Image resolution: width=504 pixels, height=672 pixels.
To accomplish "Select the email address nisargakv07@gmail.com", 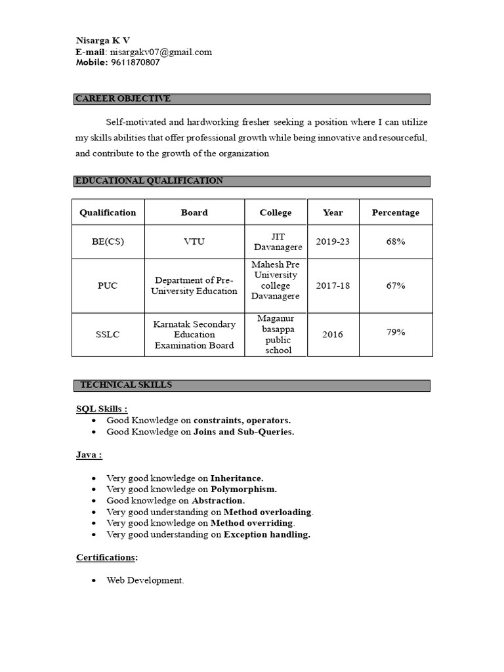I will (x=161, y=52).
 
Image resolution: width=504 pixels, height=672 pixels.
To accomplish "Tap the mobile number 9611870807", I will (x=135, y=63).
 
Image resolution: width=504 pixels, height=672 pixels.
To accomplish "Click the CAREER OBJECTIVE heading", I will (x=123, y=99).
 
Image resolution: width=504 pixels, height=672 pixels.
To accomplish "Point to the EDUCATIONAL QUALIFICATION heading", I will (x=150, y=181).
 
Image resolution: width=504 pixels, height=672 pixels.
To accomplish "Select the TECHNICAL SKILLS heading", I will (x=126, y=385).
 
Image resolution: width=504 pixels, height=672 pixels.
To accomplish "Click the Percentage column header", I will (x=395, y=213).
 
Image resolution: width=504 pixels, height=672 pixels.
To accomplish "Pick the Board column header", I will (x=194, y=213).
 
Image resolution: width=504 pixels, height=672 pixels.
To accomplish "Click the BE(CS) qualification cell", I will (x=108, y=241).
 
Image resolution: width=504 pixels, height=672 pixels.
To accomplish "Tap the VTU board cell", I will (x=194, y=241).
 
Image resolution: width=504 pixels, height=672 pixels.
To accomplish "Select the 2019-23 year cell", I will (x=333, y=241).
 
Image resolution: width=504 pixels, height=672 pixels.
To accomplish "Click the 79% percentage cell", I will (x=395, y=332).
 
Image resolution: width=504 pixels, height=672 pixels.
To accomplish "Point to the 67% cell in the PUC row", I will (x=395, y=285).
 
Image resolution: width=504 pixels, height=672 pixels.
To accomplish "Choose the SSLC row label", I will (x=108, y=334).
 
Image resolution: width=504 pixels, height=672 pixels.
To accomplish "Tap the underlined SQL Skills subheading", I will (x=102, y=409).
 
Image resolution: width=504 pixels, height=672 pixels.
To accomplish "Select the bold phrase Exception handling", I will (x=266, y=534).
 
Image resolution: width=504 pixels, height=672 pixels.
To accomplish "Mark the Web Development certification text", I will (x=145, y=581).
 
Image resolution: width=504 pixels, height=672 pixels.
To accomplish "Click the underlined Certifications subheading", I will (x=107, y=557).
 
